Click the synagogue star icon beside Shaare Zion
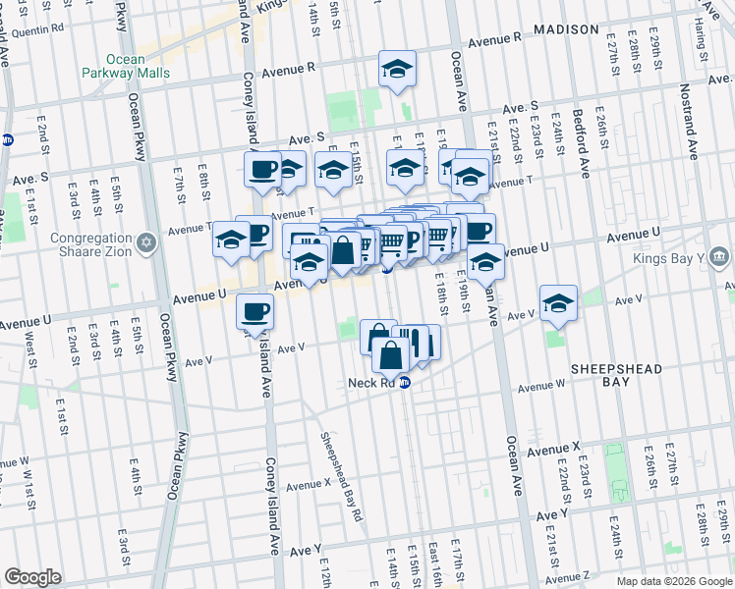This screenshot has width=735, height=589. (146, 241)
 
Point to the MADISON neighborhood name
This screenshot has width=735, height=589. (566, 29)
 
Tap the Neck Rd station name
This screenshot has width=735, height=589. (370, 383)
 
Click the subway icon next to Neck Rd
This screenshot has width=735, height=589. (404, 383)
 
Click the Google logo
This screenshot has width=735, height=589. (32, 577)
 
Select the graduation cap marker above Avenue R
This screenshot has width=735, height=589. (397, 69)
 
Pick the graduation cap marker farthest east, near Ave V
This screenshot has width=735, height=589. (557, 302)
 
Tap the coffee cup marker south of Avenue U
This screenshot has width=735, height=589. (254, 312)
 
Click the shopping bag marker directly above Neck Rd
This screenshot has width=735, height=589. (390, 355)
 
